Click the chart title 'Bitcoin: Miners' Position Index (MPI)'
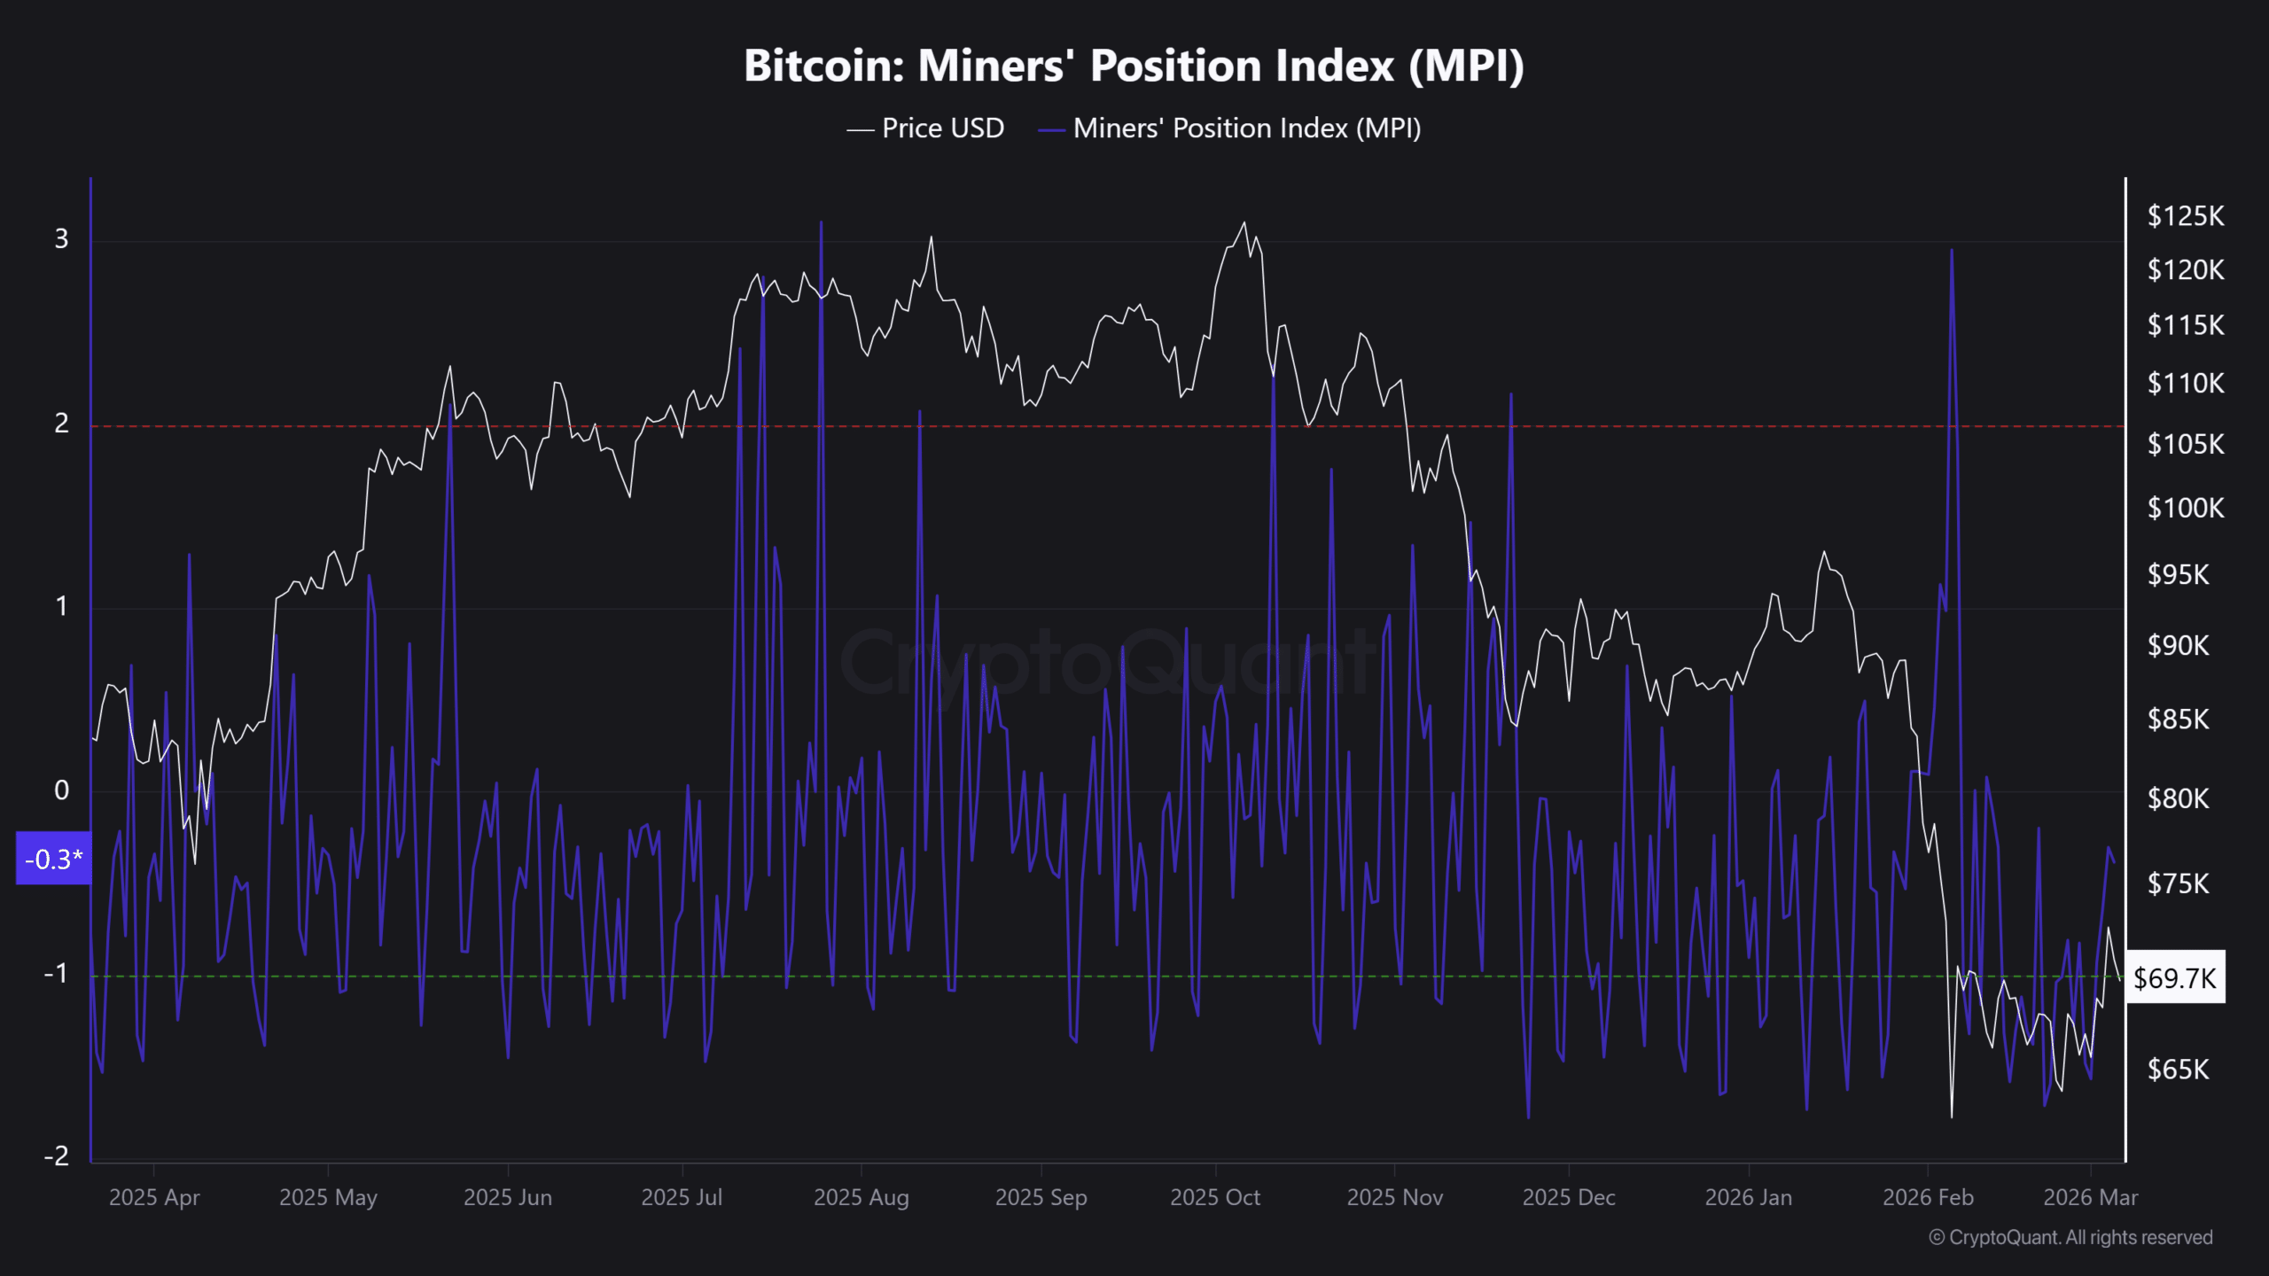tap(1134, 66)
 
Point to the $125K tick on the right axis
tap(2185, 216)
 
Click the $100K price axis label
tap(2185, 509)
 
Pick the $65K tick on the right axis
tap(2178, 1070)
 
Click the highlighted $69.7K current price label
tap(2174, 978)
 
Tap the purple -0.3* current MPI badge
tap(53, 859)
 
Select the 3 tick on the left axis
tap(61, 239)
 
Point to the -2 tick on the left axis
tap(57, 1155)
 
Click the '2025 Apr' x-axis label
tap(154, 1198)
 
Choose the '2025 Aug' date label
tap(861, 1198)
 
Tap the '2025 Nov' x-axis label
tap(1394, 1198)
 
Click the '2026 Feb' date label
tap(1928, 1198)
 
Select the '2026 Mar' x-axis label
tap(2090, 1198)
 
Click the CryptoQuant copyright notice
tap(2070, 1238)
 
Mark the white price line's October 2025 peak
tap(1244, 222)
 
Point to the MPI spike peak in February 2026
tap(1952, 251)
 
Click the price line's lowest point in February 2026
tap(1952, 1116)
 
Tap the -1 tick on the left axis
tap(57, 974)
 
